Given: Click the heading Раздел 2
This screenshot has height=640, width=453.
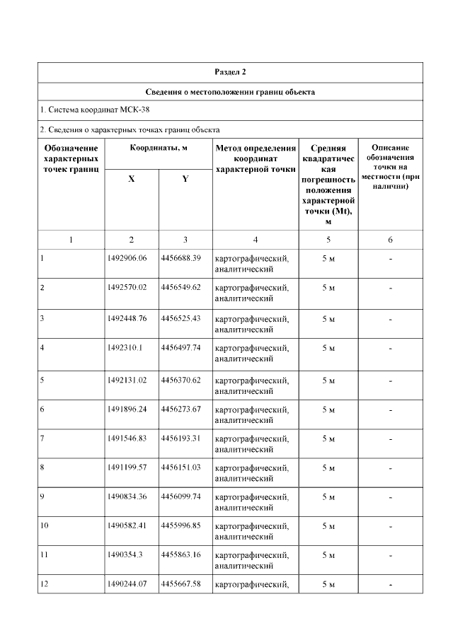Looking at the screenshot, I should point(230,72).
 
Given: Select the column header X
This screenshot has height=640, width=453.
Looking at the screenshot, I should point(132,179).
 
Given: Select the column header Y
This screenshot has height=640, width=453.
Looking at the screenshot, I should point(185,179).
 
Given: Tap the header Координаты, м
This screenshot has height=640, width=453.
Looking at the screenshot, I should point(158,148).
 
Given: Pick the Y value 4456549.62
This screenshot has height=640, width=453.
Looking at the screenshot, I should point(180,288).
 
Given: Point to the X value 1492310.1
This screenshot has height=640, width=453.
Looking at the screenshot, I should point(124,347).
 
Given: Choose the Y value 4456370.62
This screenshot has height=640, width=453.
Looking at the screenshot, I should point(180,380).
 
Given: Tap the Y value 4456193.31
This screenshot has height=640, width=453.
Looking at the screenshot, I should point(180,438).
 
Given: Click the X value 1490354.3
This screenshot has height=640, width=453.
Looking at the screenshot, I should point(124,554).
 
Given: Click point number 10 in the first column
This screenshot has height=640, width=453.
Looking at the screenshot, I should point(45,525).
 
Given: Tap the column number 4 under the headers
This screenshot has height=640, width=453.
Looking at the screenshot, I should point(255,240).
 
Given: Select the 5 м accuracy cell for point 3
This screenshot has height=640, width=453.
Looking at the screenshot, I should point(328,318).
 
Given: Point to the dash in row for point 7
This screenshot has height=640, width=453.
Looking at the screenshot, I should point(391,439).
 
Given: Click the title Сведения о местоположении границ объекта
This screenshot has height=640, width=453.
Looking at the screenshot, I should point(230,92).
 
